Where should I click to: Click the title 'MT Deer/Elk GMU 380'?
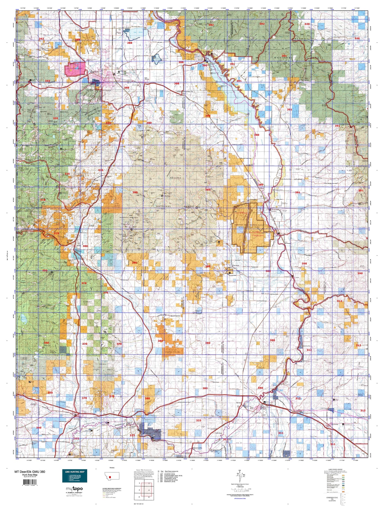point(29,472)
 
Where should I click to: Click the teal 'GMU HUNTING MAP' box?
point(75,476)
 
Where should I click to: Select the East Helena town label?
point(147,78)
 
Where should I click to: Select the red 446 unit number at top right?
point(307,24)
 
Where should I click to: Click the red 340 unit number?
point(39,428)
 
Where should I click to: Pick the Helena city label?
point(96,80)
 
